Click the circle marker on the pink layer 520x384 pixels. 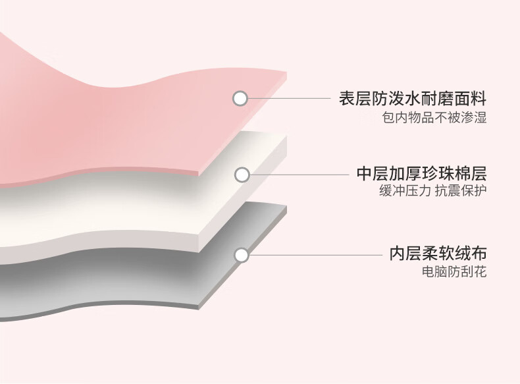[240, 99]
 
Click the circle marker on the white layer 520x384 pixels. [242, 175]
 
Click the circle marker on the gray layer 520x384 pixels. [242, 255]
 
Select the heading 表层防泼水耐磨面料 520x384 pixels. [412, 99]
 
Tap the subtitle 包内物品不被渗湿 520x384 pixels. [434, 119]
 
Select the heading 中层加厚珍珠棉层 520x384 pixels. [421, 175]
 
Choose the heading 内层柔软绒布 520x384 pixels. [438, 254]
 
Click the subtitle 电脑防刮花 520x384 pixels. [455, 271]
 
